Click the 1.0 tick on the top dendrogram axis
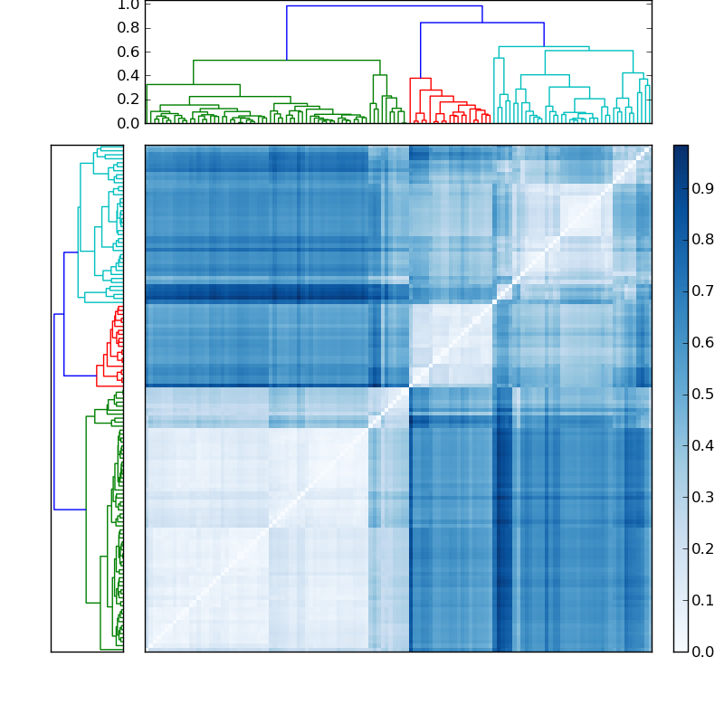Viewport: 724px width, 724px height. [129, 5]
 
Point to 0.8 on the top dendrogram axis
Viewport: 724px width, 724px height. [129, 28]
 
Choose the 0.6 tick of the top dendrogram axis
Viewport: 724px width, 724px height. [129, 52]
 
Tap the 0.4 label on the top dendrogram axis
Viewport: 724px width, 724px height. [129, 75]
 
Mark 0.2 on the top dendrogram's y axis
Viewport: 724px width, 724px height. [129, 99]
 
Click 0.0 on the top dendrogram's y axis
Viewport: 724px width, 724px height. [129, 122]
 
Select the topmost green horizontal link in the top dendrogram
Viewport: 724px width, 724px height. [286, 61]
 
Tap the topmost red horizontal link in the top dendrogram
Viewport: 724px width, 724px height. [420, 79]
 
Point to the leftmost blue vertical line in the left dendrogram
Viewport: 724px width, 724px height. [54, 412]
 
